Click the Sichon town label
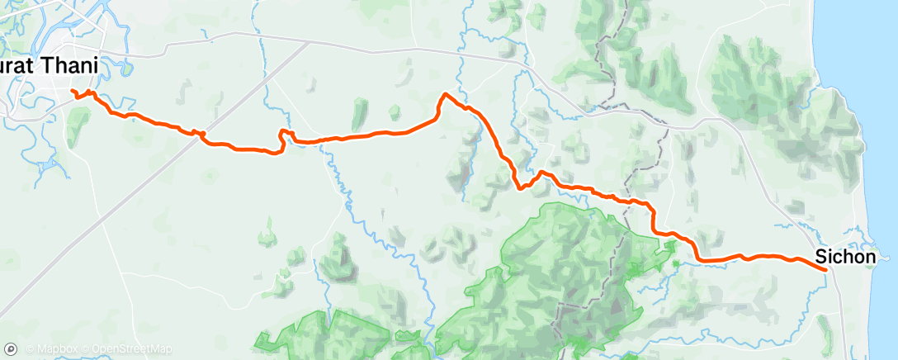point(845,257)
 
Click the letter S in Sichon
point(820,257)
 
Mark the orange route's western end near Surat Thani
point(73,92)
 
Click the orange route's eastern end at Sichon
point(825,269)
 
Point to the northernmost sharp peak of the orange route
point(447,94)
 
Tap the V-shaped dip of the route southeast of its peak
point(521,187)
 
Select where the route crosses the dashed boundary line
point(633,201)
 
